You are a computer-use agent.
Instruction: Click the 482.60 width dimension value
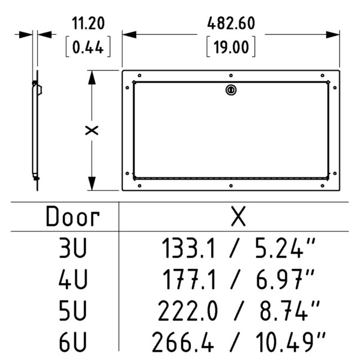point(231,24)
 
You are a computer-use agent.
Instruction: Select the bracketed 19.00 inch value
point(231,47)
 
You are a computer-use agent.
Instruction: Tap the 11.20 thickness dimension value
point(88,24)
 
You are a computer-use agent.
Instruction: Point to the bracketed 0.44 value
point(88,47)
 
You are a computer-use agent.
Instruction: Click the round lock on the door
point(231,90)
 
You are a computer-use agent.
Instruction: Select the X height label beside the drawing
point(92,131)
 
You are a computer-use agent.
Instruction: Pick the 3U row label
point(72,247)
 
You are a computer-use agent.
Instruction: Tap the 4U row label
point(72,279)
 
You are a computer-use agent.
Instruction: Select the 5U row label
point(72,311)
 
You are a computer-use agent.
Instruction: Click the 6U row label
point(72,342)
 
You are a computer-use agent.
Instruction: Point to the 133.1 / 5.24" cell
point(238,247)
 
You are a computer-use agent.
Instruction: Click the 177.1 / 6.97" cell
point(238,279)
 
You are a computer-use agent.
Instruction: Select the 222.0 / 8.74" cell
point(238,311)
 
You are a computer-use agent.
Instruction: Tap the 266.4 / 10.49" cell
point(238,342)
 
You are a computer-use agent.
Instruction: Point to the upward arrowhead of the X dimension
point(92,75)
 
